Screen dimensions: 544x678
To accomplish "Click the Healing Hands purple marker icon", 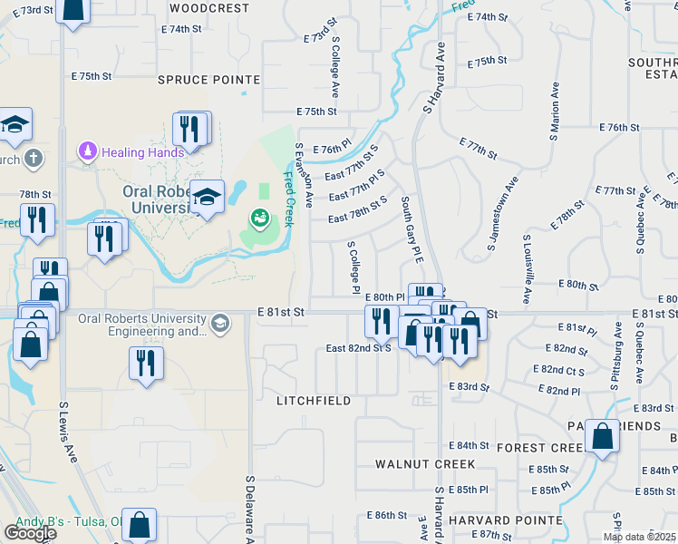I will (88, 151).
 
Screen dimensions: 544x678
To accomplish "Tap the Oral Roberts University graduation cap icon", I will (208, 198).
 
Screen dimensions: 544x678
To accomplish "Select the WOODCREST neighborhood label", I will (208, 8).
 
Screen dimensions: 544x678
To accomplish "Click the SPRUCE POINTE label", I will (208, 80).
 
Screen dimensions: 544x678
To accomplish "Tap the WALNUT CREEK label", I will (425, 464).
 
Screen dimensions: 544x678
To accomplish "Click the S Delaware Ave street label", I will (249, 508).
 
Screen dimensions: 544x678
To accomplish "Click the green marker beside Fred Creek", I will (259, 219).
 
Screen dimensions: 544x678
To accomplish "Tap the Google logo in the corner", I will (30, 533).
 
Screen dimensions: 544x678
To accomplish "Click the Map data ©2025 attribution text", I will (639, 537).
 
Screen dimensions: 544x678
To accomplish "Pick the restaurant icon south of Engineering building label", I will (146, 364).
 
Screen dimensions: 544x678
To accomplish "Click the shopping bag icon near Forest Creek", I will (602, 437).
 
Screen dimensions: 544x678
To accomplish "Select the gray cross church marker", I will (33, 160).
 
